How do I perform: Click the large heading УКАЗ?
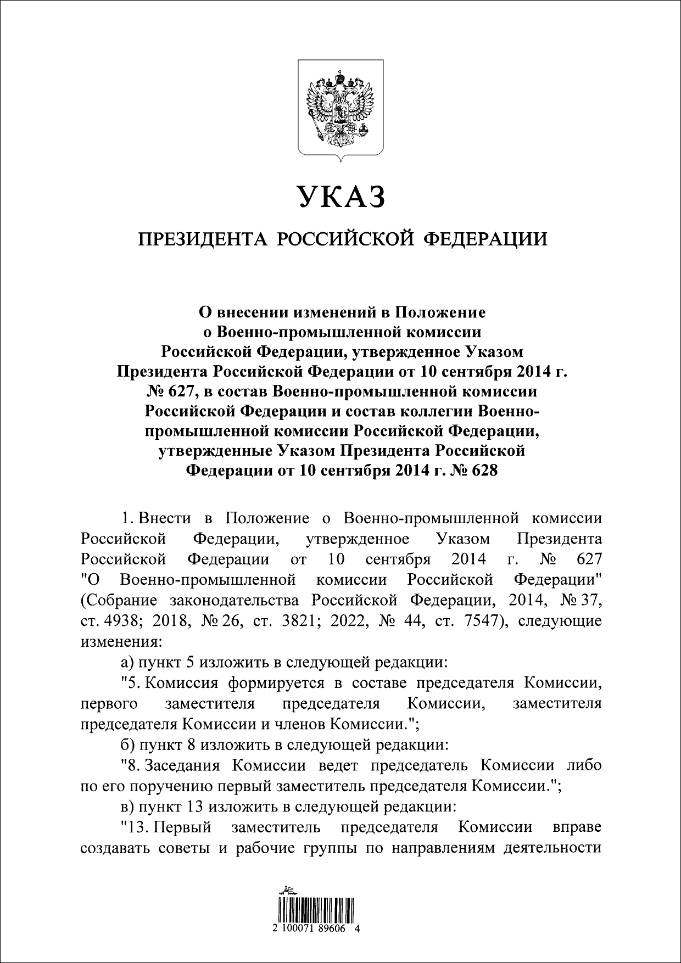coord(340,196)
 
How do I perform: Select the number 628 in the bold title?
coord(483,470)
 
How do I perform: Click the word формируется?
coord(275,684)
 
